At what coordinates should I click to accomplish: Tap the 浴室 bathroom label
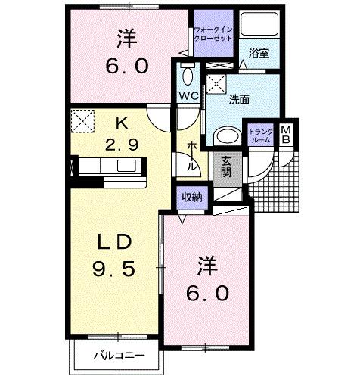coord(259,52)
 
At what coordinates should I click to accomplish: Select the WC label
coord(189,95)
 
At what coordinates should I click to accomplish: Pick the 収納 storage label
coord(191,197)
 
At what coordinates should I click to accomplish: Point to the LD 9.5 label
coord(116,255)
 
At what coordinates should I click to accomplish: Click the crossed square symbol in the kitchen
coord(81,120)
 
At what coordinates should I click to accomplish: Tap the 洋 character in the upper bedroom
coord(126,36)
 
